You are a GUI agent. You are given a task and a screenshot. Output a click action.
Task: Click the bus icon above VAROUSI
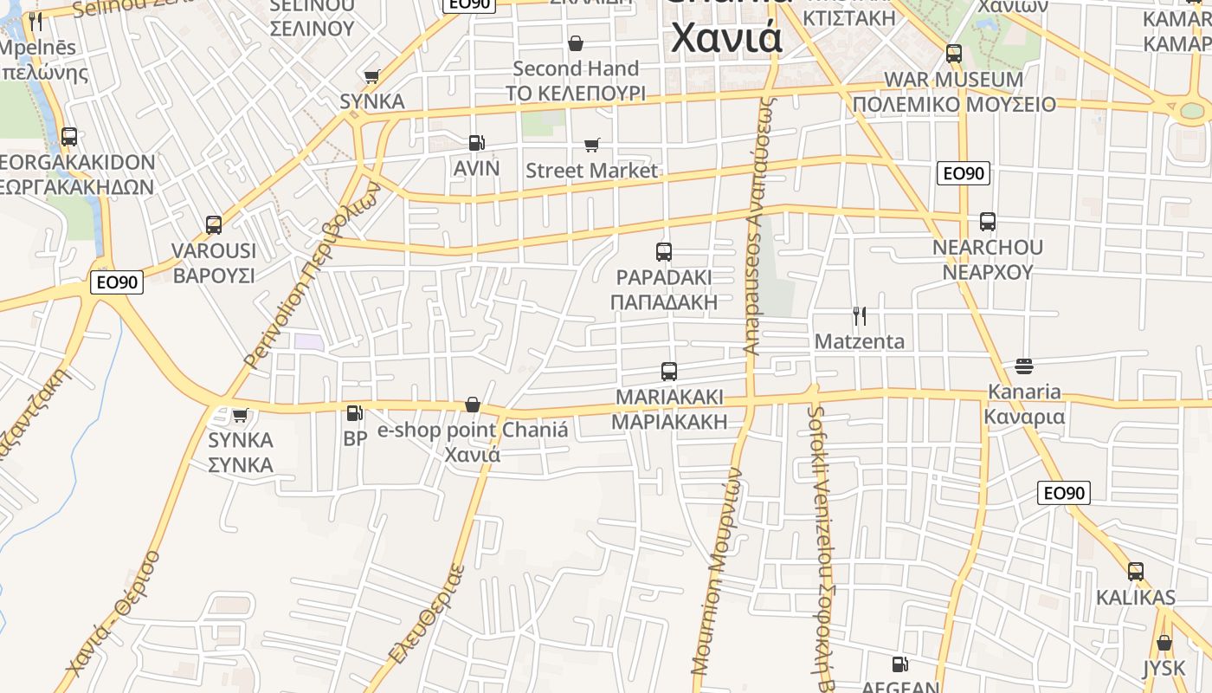tap(214, 225)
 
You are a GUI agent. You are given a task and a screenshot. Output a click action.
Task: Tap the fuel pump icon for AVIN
tap(476, 143)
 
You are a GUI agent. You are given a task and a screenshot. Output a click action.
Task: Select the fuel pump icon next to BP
tap(354, 413)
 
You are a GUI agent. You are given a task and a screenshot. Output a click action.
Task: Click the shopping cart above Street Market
tap(591, 145)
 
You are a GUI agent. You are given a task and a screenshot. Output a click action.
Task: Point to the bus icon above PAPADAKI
tap(664, 252)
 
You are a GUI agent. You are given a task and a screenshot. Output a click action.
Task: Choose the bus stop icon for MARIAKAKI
tap(668, 372)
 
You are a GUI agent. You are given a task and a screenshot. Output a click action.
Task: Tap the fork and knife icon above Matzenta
tap(859, 315)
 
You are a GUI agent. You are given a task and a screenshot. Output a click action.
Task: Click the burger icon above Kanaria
tap(1024, 366)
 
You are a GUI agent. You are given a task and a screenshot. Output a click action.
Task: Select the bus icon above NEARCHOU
tap(988, 222)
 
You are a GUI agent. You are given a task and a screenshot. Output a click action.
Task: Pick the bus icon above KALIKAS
tap(1136, 572)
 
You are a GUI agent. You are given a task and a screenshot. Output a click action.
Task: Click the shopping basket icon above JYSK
tap(1164, 643)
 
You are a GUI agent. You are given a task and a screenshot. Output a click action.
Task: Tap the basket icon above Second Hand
tap(576, 43)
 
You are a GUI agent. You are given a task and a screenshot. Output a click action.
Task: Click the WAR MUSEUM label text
tap(953, 80)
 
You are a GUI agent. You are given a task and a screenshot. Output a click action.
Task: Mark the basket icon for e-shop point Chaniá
tap(473, 405)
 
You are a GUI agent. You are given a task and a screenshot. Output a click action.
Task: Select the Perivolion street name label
tap(313, 275)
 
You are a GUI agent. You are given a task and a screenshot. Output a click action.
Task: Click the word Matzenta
tap(860, 341)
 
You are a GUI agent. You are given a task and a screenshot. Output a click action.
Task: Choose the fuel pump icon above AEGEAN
tap(900, 664)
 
